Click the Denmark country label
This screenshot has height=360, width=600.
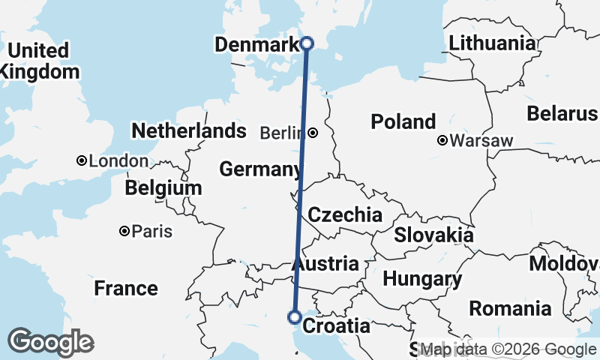coord(257,45)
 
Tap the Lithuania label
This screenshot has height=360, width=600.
coord(493,43)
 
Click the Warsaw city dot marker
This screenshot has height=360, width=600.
coord(443,140)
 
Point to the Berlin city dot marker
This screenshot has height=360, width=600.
coord(312,133)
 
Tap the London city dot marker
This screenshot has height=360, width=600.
coord(81,160)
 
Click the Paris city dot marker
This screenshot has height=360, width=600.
coord(124,232)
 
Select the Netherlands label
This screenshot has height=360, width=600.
coord(188,130)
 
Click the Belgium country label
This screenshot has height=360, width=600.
coord(163,187)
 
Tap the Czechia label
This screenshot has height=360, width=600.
coord(345,214)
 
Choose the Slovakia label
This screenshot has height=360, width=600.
coord(433,235)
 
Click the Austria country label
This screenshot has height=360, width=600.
coord(325,264)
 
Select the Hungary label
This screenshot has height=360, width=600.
coord(422,280)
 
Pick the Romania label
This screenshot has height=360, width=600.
coord(510,308)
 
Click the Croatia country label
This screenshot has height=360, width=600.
coord(336,326)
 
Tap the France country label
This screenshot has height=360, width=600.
coord(126,288)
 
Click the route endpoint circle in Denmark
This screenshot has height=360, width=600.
coord(306,43)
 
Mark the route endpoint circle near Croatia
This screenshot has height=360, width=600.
coord(295,317)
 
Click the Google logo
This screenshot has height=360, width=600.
coord(49,342)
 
